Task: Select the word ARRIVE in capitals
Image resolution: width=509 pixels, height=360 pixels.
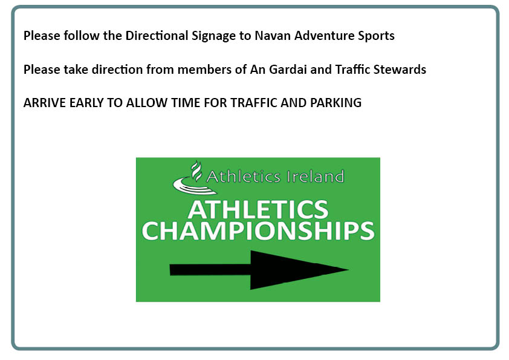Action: coord(45,103)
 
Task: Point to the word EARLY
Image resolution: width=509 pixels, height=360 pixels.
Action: coord(86,103)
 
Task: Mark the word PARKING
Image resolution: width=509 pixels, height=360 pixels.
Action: coord(336,103)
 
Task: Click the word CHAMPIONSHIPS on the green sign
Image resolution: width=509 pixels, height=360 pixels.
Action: coord(258,231)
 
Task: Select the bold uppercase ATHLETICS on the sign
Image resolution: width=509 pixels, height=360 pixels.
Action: coord(258,209)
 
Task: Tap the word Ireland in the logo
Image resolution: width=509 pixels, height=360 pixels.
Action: coord(315,177)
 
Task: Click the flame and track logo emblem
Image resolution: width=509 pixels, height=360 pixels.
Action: coord(192,178)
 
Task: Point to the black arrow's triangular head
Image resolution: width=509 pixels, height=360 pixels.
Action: coord(299,270)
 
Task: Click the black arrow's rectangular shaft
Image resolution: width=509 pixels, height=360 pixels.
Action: coord(210,270)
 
